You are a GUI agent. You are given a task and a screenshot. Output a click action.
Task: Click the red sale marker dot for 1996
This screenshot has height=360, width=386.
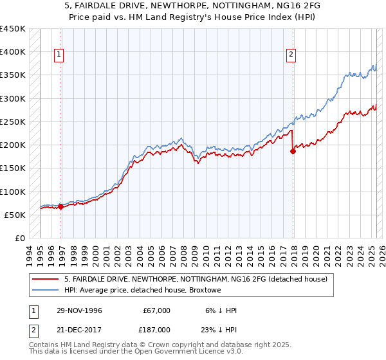tap(61, 206)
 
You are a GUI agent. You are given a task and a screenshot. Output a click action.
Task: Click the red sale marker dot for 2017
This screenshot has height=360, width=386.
tap(293, 152)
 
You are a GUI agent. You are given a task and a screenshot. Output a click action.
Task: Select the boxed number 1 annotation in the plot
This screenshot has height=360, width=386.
tap(59, 55)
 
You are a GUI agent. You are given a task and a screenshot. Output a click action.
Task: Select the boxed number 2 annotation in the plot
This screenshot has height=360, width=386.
tap(291, 55)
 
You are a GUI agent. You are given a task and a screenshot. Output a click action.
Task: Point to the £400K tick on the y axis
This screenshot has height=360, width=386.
tap(13, 52)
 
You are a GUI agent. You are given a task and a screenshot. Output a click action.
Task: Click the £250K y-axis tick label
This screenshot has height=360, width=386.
tap(13, 122)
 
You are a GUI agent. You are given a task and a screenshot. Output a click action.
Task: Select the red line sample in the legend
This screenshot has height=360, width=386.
tap(46, 279)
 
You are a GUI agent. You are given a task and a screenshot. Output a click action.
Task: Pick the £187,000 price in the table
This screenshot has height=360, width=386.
tap(157, 329)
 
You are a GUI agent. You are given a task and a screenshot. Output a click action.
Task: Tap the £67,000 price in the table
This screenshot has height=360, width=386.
tap(157, 310)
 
